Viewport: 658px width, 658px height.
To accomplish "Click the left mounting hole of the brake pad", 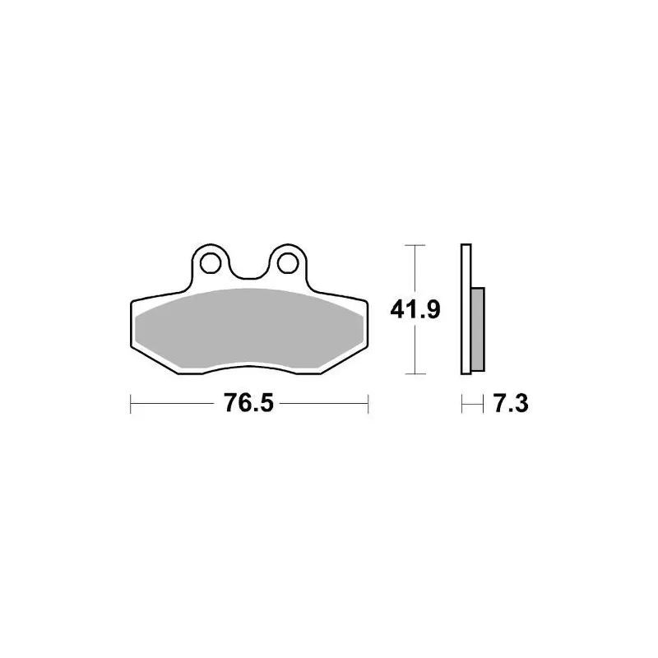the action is pyautogui.click(x=211, y=263).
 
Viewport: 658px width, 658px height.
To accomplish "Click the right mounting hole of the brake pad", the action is pyautogui.click(x=288, y=263).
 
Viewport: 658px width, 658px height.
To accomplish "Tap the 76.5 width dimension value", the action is pyautogui.click(x=248, y=403).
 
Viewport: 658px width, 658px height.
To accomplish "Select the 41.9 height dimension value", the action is pyautogui.click(x=415, y=310).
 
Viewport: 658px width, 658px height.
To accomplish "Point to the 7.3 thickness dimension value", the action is pyautogui.click(x=511, y=404).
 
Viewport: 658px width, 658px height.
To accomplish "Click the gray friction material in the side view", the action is pyautogui.click(x=478, y=330).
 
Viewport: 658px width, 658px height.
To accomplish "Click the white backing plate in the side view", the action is pyautogui.click(x=466, y=309).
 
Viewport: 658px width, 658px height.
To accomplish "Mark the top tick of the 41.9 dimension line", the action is pyautogui.click(x=415, y=245).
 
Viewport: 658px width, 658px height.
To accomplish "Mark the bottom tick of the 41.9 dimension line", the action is pyautogui.click(x=415, y=373).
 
